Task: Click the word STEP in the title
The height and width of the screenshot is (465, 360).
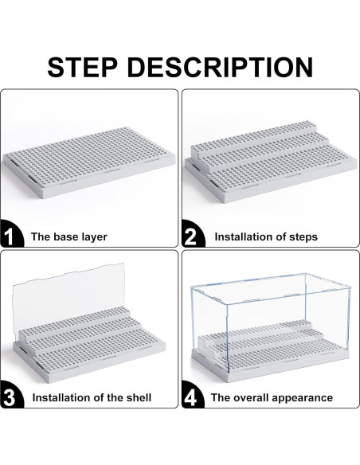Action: (x=83, y=68)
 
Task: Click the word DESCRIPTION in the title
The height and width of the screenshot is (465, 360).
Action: (x=220, y=68)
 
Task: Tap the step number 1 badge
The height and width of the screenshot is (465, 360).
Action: (x=11, y=234)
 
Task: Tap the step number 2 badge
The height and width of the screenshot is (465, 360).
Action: (x=193, y=234)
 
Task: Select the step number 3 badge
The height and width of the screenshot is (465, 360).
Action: (x=11, y=396)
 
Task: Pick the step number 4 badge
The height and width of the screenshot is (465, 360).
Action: (x=193, y=396)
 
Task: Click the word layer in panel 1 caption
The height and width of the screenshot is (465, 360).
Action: (x=93, y=237)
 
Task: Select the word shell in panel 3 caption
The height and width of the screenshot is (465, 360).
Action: (x=139, y=397)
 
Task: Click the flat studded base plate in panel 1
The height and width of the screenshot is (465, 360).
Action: (x=89, y=162)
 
